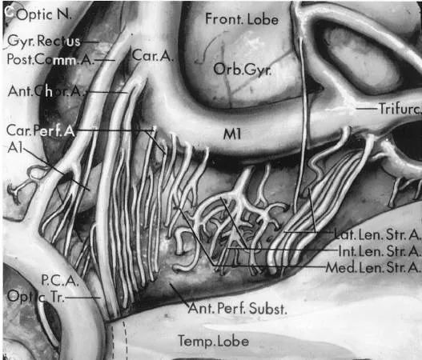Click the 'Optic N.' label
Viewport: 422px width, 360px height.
(44, 15)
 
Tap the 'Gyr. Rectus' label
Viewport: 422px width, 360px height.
(44, 41)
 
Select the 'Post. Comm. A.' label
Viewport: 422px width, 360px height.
(50, 59)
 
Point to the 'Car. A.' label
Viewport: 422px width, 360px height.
(153, 56)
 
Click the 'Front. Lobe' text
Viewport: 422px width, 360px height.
(242, 19)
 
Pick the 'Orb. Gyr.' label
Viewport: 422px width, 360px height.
(242, 70)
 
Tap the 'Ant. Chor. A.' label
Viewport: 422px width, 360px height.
(46, 91)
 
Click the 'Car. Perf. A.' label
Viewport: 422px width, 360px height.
(40, 130)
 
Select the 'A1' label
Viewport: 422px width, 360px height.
(15, 147)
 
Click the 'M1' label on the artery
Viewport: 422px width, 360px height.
(231, 134)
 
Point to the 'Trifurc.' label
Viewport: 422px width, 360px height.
(400, 109)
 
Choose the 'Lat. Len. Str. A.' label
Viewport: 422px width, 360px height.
(377, 234)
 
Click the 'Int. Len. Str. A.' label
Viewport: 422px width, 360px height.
(380, 251)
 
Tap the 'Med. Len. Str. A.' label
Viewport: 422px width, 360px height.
(373, 267)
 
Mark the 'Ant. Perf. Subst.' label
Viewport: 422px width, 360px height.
(237, 308)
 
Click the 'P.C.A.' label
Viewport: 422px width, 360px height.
(60, 281)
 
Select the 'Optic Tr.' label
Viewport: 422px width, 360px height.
(35, 297)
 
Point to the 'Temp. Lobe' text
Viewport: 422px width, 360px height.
(214, 341)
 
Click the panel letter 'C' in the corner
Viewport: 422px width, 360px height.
(10, 12)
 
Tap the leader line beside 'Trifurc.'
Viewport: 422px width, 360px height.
(367, 109)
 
